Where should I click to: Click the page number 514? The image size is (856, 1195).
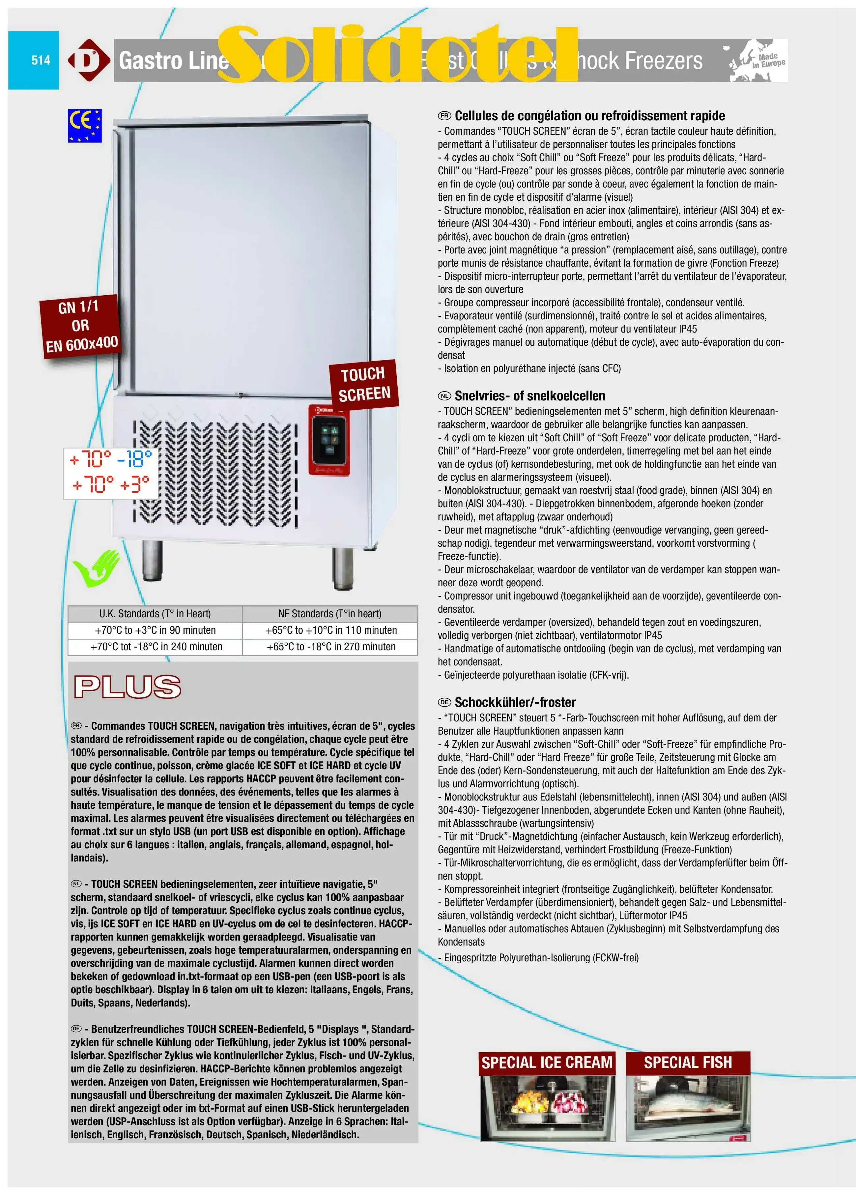coord(41,60)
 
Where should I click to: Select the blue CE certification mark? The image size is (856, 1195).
coord(84,126)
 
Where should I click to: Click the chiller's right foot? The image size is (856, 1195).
coord(342,568)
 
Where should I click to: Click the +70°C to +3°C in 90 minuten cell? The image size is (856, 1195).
coord(155,630)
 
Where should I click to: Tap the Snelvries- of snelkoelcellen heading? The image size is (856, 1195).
coord(529,396)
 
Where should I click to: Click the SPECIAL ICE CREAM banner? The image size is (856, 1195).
coord(547,1062)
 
